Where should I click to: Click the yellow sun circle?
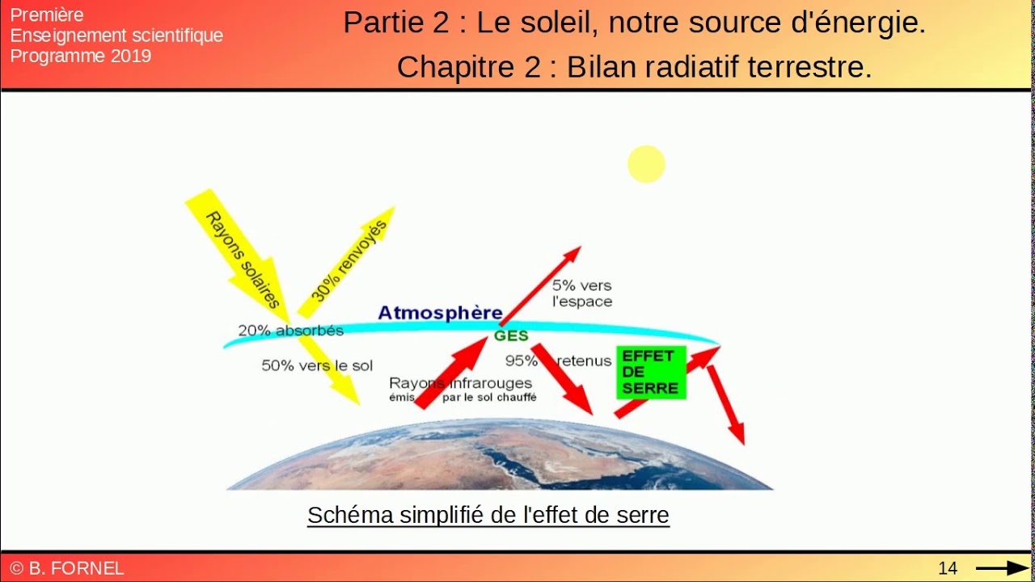646,164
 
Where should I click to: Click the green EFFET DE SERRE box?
651,372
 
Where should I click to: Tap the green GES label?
511,335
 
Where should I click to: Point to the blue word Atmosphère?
440,313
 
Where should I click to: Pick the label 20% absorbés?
290,331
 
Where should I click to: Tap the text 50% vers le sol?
317,365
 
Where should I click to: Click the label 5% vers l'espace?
582,293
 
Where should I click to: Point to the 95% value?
522,361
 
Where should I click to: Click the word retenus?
584,361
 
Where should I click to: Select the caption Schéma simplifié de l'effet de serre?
488,515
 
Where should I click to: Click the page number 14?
948,568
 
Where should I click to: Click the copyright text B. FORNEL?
68,568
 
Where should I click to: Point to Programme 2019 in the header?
81,56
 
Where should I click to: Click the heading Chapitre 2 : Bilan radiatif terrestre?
634,67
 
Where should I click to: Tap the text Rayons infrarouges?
461,383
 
